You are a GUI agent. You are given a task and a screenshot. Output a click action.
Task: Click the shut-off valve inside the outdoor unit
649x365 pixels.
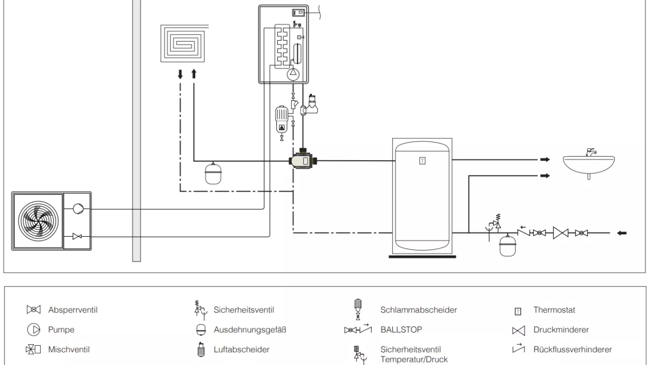(78, 236)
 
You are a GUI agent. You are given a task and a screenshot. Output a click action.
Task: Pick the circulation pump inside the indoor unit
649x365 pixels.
(293, 74)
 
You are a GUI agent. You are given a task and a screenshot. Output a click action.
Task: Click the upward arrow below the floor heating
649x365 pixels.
(193, 74)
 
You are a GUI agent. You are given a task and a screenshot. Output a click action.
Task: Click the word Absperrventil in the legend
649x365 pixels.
(73, 310)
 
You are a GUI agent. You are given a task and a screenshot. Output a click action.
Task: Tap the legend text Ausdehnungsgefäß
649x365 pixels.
(249, 330)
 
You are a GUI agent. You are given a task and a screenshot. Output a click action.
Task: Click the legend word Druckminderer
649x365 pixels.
(561, 330)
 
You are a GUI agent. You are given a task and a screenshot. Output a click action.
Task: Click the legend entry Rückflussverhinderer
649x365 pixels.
(572, 349)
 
